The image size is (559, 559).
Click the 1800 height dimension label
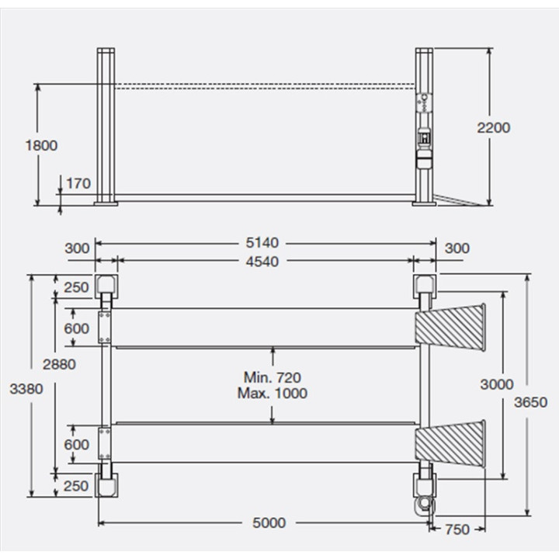pos(41,145)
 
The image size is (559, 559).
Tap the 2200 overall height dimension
pos(494,127)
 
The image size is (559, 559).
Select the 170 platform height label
pos(78,183)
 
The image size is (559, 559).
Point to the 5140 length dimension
pos(262,243)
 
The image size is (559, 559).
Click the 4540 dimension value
pos(262,262)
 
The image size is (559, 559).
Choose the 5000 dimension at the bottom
pos(269,523)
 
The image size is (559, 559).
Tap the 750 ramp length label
pos(457,529)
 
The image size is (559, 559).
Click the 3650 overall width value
pos(530,402)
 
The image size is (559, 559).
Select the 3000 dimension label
pos(497,384)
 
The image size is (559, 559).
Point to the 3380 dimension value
pos(26,389)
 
